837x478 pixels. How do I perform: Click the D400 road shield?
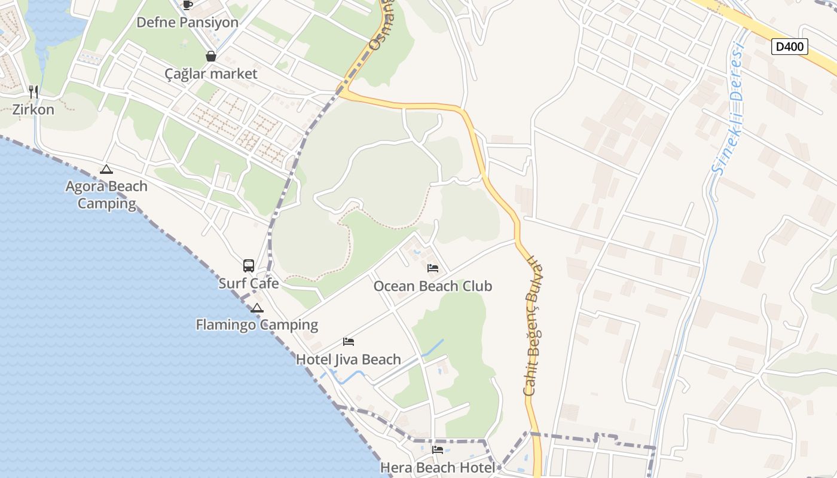(x=789, y=47)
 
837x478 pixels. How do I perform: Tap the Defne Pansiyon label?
(x=187, y=23)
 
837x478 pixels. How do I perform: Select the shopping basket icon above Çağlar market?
(x=211, y=56)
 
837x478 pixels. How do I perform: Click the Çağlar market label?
(x=211, y=74)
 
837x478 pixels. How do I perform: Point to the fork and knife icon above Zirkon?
(x=33, y=91)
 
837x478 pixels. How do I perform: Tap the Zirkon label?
(x=33, y=109)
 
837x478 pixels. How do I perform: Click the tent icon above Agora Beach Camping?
(x=106, y=169)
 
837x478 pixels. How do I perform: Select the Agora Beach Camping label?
(x=106, y=195)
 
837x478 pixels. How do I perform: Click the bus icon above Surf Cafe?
(x=249, y=266)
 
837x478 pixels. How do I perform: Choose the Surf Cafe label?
(x=249, y=283)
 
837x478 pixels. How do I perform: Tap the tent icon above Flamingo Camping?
(x=257, y=308)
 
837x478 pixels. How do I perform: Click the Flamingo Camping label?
(x=257, y=325)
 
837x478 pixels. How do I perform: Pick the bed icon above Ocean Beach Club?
(x=433, y=268)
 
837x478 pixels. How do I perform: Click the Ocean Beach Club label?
(x=433, y=286)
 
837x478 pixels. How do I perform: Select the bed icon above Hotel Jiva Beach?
(x=349, y=342)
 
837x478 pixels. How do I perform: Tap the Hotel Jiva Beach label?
(x=349, y=360)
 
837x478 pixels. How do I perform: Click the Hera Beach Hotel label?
(x=438, y=467)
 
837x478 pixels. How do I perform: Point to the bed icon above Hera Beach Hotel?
(x=438, y=450)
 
